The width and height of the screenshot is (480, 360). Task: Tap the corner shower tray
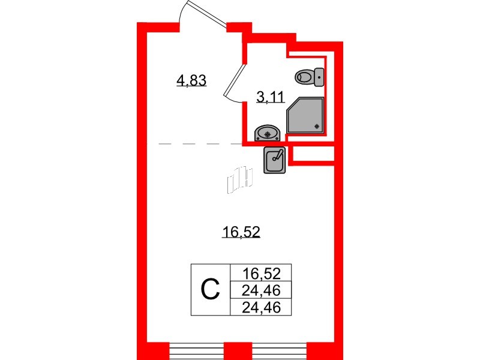tap(305, 115)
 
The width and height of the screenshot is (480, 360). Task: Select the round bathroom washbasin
tap(266, 132)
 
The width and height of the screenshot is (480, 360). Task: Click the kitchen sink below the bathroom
tap(275, 160)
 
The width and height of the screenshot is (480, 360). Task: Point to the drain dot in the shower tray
tap(317, 126)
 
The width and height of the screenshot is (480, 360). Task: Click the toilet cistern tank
tap(320, 76)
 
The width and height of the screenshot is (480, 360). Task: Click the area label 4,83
tap(191, 80)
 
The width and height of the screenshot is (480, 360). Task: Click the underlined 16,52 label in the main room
tap(240, 232)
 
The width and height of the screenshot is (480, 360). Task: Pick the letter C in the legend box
tap(210, 290)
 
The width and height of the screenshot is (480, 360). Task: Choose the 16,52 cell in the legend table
tap(260, 274)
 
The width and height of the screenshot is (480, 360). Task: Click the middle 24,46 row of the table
tap(260, 290)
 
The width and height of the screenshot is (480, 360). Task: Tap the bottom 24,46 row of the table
tap(260, 307)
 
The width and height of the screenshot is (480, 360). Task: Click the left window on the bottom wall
tap(197, 350)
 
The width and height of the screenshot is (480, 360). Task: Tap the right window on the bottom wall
tap(279, 350)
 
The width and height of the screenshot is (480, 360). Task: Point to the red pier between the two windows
tap(238, 350)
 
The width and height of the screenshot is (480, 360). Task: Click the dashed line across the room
tap(198, 144)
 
